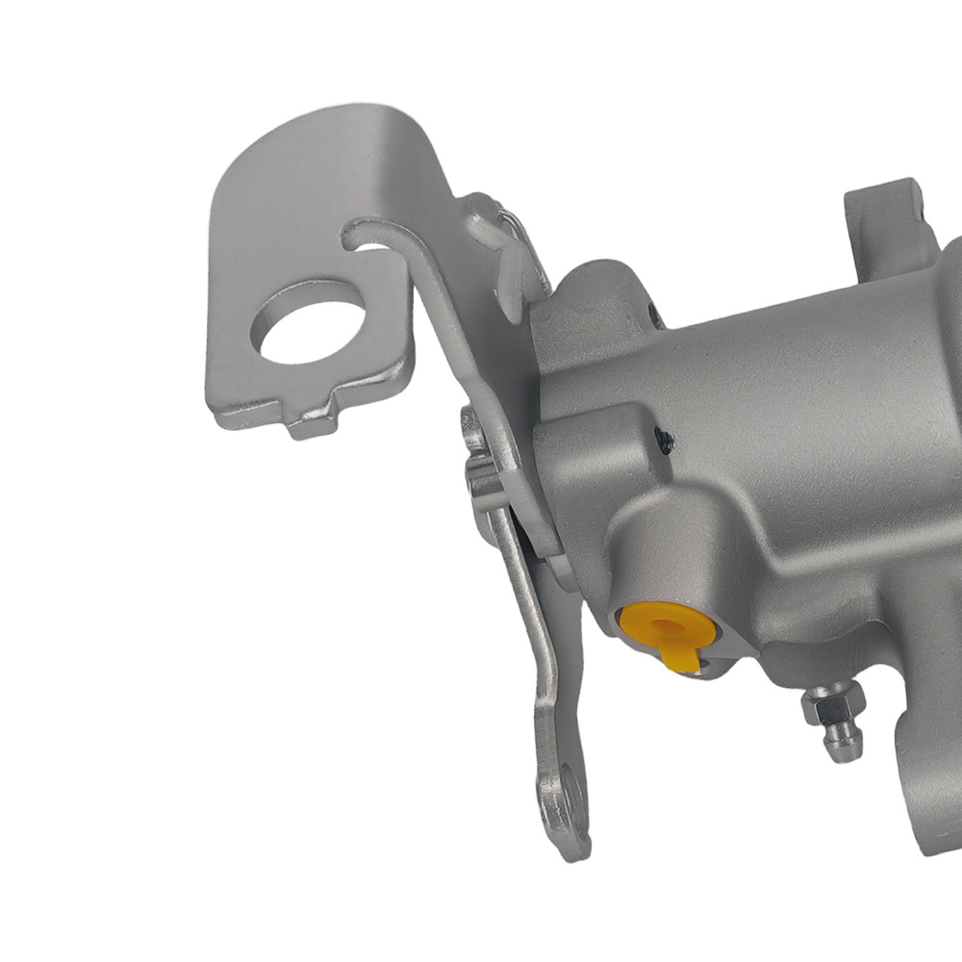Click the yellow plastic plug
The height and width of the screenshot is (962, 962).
click(x=664, y=625)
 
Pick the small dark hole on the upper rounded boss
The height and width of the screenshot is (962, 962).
click(x=655, y=314)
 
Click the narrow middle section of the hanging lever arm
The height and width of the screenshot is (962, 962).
click(x=524, y=616)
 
